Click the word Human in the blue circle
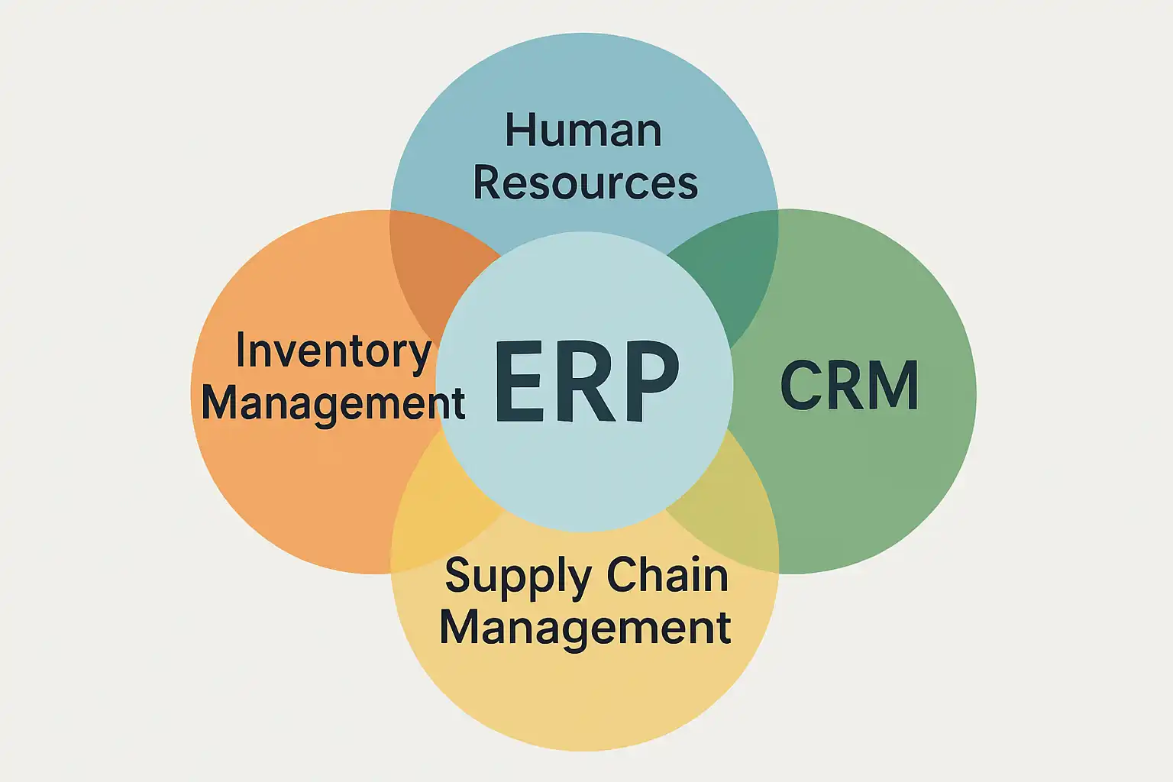click(x=583, y=131)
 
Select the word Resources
click(x=585, y=183)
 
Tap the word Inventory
click(x=334, y=351)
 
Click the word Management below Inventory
click(x=334, y=402)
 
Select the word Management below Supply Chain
click(x=585, y=627)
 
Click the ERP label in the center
click(x=586, y=382)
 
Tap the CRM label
click(x=849, y=386)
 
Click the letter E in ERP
click(x=520, y=382)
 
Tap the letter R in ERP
click(x=584, y=382)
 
